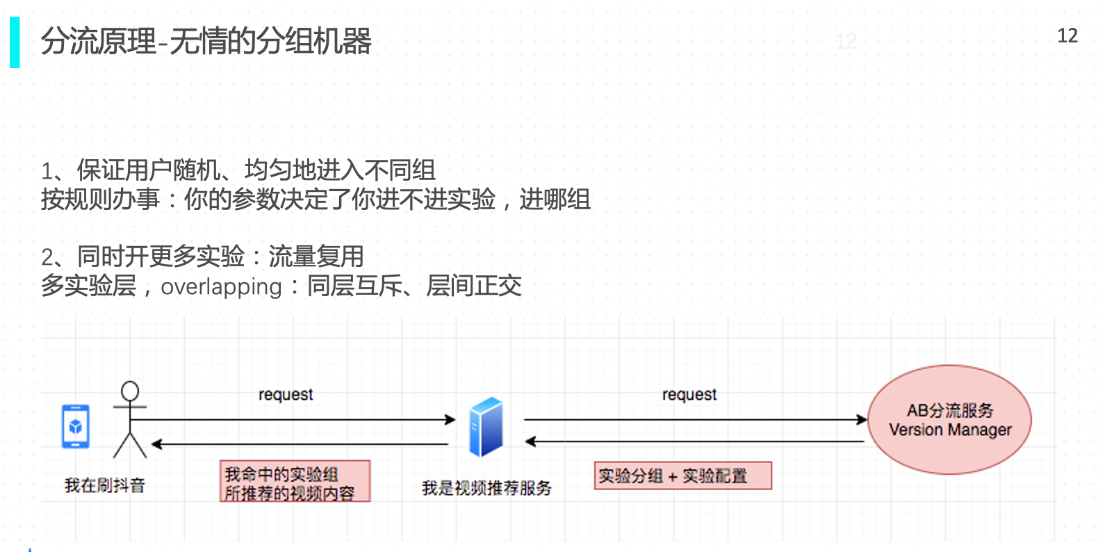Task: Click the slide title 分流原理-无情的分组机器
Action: point(206,42)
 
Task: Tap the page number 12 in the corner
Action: point(1067,36)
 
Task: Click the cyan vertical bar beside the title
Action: point(15,42)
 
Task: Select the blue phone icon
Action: point(76,426)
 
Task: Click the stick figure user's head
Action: point(130,391)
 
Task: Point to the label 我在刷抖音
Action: point(105,485)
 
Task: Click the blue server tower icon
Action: point(486,426)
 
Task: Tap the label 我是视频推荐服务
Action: point(486,488)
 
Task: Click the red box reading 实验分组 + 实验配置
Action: point(682,476)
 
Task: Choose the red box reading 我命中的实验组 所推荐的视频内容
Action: point(295,481)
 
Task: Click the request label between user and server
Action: point(286,395)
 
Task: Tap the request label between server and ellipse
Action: point(689,395)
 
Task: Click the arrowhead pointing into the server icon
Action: point(450,420)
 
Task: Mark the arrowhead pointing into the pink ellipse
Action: point(862,420)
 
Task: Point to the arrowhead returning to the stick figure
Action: point(157,444)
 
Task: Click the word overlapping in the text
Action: point(221,286)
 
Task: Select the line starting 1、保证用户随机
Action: point(238,170)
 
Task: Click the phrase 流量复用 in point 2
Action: point(316,257)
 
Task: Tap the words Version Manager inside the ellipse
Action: point(950,430)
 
